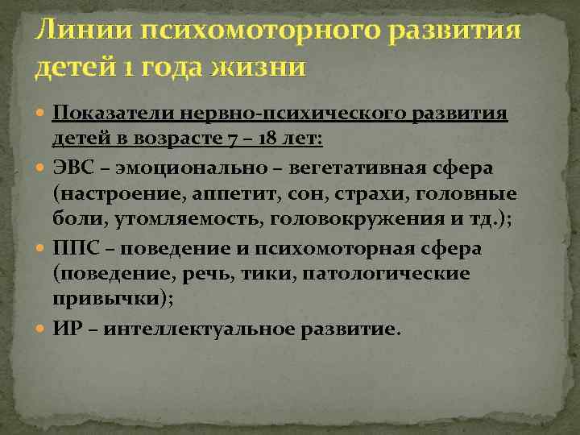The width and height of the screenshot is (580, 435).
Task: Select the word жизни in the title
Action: (260, 67)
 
